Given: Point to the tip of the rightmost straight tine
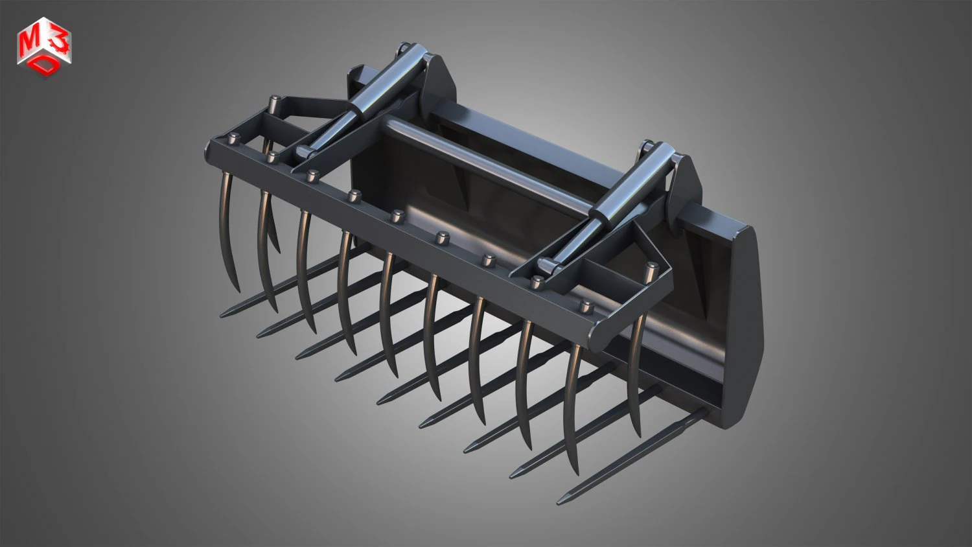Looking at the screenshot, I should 559,500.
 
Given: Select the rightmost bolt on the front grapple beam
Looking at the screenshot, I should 586,306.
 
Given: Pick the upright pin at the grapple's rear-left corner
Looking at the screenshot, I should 274,102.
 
